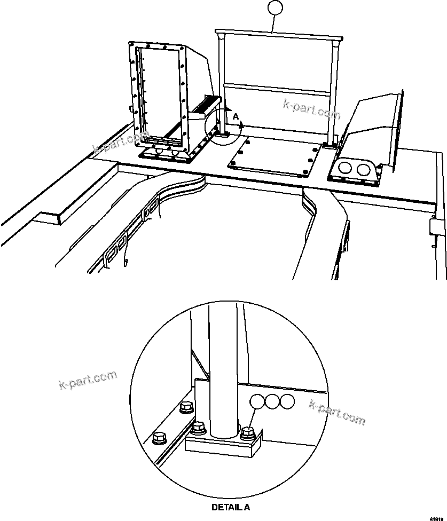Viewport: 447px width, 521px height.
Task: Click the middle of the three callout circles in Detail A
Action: pyautogui.click(x=273, y=401)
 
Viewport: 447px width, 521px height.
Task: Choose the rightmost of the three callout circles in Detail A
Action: pyautogui.click(x=287, y=401)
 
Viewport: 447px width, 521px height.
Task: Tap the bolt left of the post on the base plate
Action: pyautogui.click(x=199, y=427)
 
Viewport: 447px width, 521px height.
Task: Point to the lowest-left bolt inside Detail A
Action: pyautogui.click(x=159, y=438)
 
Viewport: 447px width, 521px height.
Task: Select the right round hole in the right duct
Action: pyautogui.click(x=364, y=170)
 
